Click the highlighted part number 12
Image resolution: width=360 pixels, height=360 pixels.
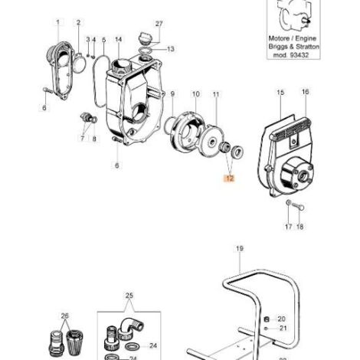230,178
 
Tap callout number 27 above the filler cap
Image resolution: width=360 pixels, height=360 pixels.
159,24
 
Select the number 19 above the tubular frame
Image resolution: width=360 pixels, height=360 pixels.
240,248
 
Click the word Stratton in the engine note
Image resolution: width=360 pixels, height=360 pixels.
307,47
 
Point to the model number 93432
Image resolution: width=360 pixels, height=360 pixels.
298,55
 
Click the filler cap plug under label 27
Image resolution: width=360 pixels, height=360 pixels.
145,38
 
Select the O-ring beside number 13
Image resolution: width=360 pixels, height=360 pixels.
146,51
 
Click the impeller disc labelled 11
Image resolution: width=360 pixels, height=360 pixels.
211,139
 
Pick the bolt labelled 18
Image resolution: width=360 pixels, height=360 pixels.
298,206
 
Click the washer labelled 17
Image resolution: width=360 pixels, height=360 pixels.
288,203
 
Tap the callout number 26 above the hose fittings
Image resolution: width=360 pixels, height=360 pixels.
65,316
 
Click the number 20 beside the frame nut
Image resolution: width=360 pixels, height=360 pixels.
281,319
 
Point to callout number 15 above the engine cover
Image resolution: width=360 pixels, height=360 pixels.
280,92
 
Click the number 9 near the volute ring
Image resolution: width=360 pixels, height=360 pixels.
172,94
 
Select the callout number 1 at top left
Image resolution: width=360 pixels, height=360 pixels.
58,22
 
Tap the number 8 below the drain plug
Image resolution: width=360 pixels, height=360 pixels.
94,139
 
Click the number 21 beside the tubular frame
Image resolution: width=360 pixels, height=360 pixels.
283,328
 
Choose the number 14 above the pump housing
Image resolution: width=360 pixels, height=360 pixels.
119,39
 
